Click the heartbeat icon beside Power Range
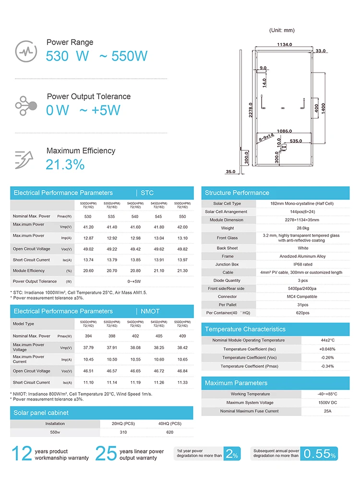[26, 50]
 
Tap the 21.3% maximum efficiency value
[65, 165]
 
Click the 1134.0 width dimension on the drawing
[285, 45]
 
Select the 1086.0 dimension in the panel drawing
[285, 131]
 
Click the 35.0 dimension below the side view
[231, 171]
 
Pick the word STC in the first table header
[147, 193]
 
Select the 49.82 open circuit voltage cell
[182, 249]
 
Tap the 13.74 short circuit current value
[87, 260]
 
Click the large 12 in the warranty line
[21, 453]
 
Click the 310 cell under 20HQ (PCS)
[123, 432]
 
